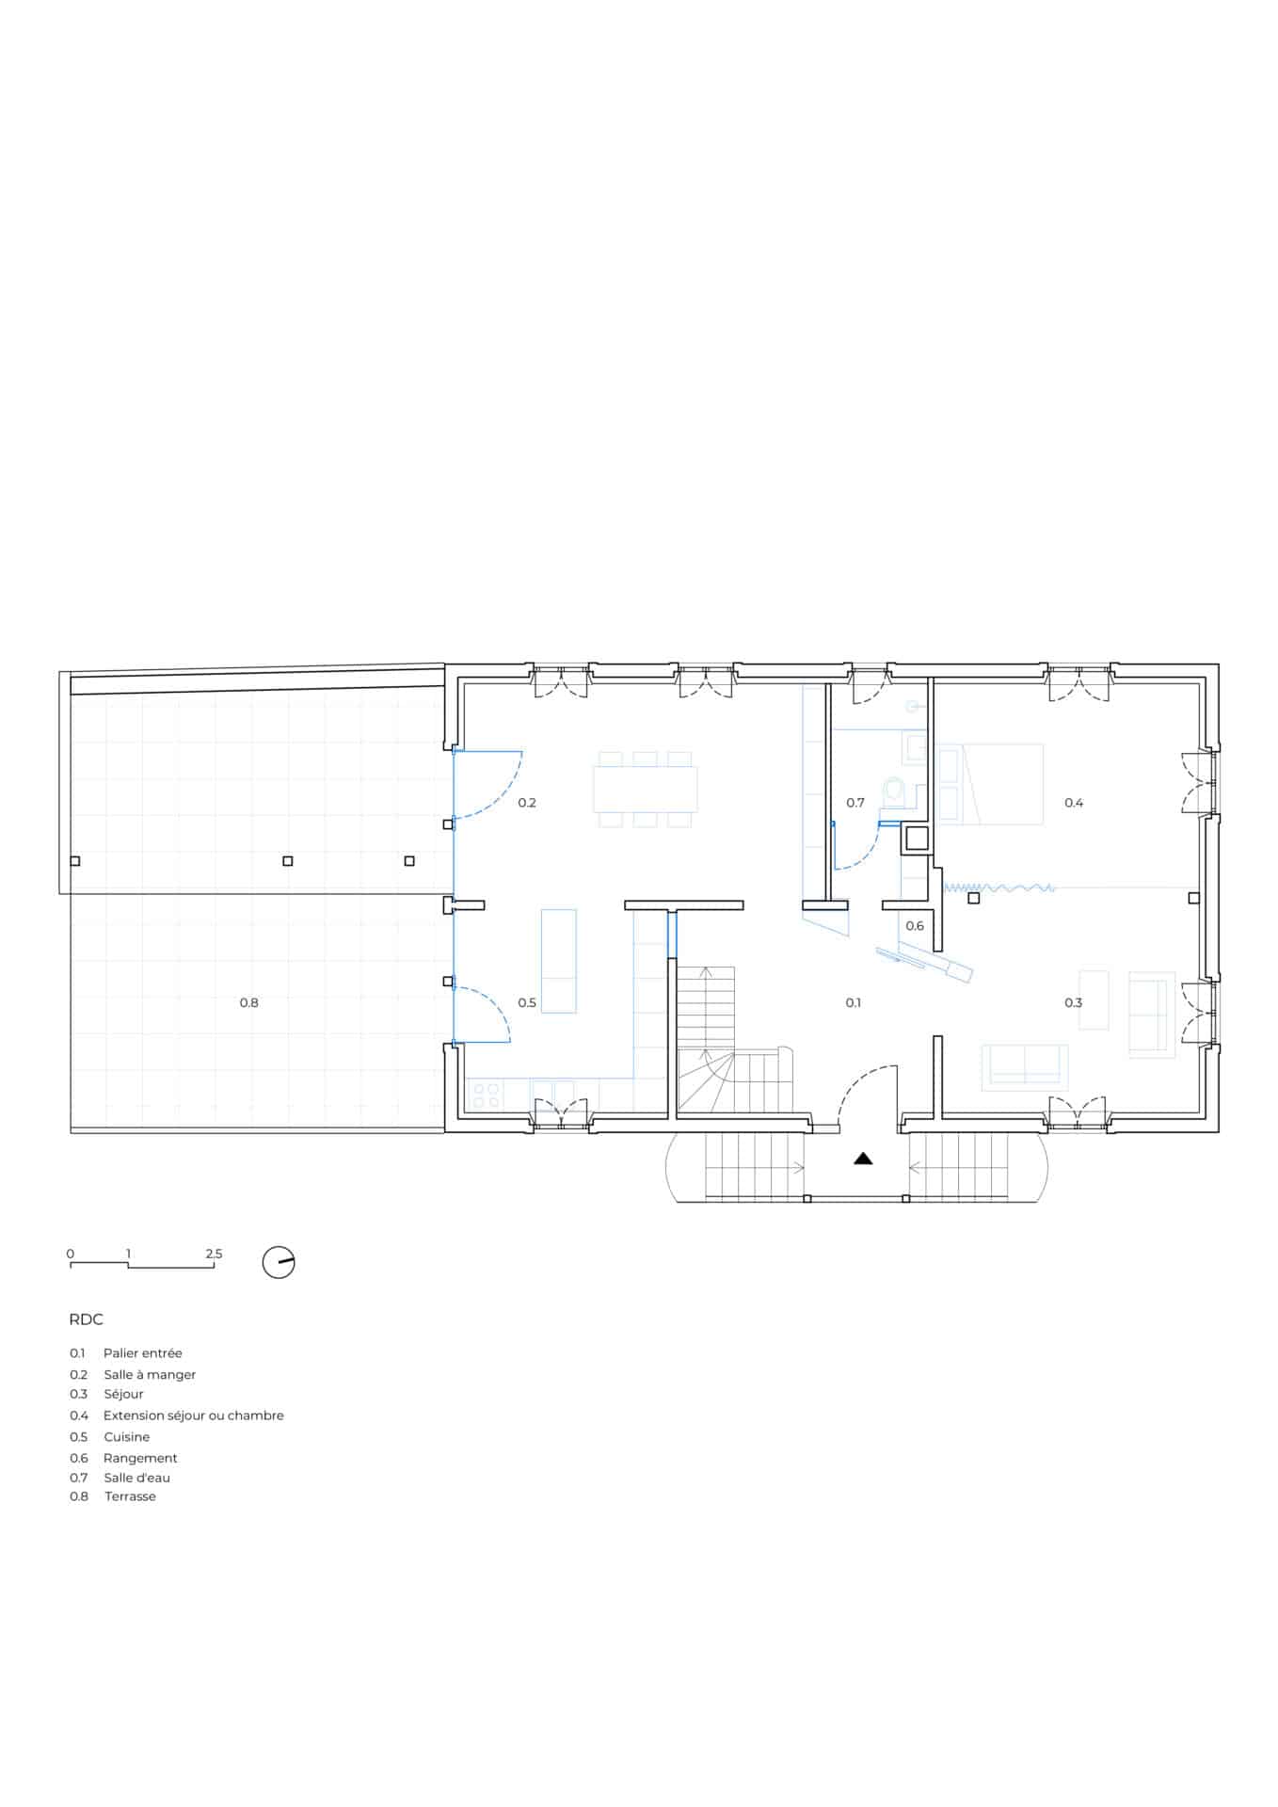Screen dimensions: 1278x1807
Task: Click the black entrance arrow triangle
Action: (863, 1159)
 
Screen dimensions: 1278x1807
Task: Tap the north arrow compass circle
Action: (279, 1262)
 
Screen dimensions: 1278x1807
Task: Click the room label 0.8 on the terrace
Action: (248, 1002)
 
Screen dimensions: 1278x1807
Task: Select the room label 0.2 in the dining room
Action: (527, 803)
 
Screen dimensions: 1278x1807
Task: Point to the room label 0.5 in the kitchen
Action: (527, 1002)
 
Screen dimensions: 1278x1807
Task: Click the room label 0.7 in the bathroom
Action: (855, 803)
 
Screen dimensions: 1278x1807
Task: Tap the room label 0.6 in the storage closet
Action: (915, 926)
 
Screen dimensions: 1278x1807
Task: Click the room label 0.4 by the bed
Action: (1074, 803)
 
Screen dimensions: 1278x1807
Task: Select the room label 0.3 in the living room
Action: (1074, 1002)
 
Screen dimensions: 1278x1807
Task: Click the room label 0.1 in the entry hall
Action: (853, 1002)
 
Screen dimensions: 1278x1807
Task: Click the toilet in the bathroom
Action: (893, 792)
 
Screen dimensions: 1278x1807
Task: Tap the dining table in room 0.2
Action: (646, 789)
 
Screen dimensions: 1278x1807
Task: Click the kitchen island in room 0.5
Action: (559, 961)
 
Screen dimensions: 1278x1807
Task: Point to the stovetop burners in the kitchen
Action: (486, 1095)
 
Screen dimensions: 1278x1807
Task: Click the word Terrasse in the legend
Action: (130, 1496)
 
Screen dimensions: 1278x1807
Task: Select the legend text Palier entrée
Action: (143, 1353)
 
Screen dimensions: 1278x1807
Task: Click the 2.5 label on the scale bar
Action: (214, 1254)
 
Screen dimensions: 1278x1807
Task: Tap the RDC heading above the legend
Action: (86, 1319)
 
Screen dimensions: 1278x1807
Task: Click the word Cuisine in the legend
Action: (127, 1437)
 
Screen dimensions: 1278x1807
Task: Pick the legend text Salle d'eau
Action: (137, 1478)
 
